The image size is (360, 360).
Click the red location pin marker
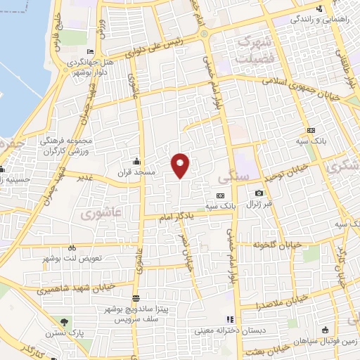click(181, 165)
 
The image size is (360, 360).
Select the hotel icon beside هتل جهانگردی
click(89, 51)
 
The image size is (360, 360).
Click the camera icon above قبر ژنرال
click(259, 193)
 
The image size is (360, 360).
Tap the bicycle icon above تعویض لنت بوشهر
click(72, 247)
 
